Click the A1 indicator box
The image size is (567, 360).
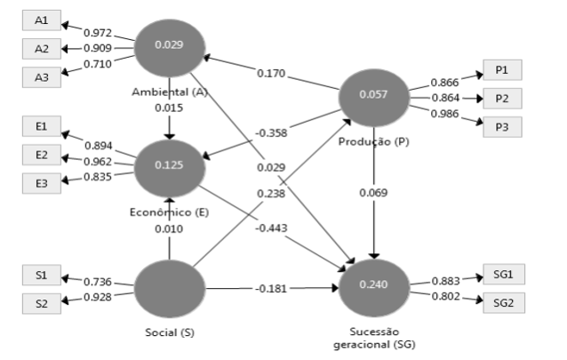pos(42,20)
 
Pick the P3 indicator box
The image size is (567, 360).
pos(501,127)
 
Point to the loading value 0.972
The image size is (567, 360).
pos(98,32)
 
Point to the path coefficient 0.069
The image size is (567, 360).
pos(374,192)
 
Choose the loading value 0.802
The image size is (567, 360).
pos(444,296)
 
